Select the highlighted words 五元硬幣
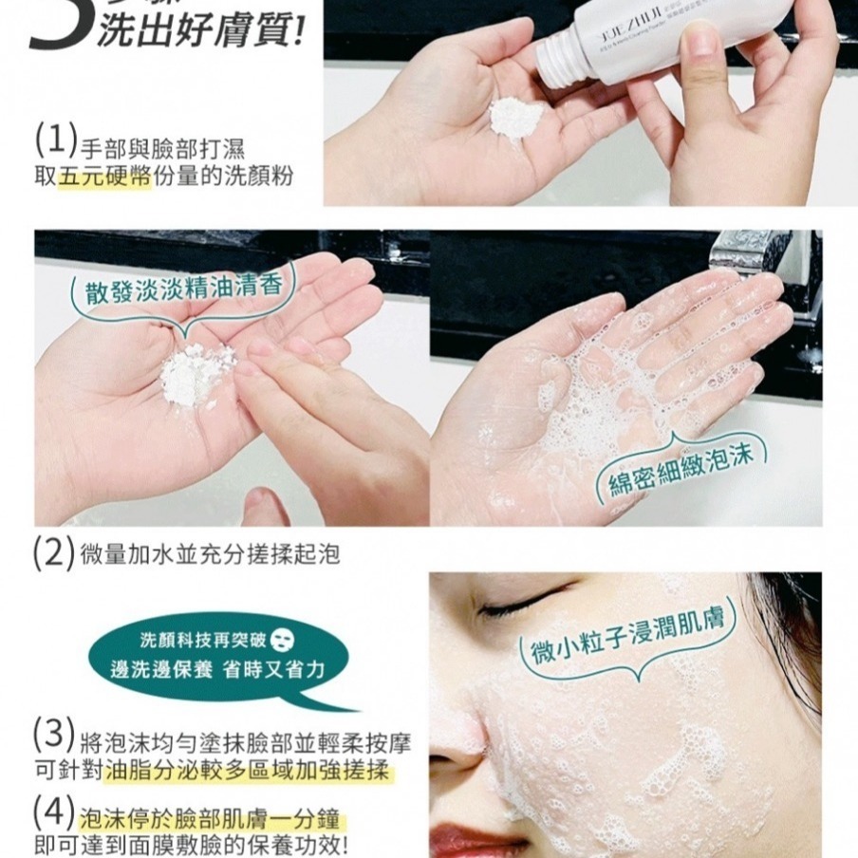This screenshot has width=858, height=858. [x=104, y=177]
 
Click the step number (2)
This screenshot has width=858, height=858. [x=53, y=553]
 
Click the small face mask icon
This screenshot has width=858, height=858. [x=283, y=637]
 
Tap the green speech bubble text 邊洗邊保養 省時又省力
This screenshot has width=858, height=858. [x=220, y=670]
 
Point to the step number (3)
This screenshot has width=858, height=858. [x=53, y=736]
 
